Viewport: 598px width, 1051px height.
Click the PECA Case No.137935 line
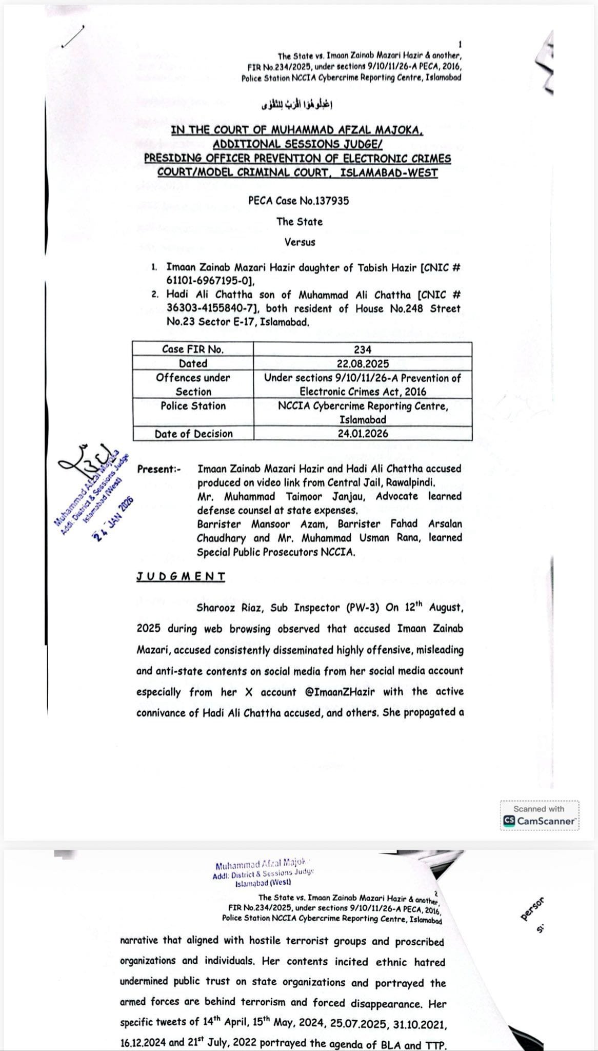pos(298,201)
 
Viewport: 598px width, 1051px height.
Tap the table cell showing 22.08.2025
pos(363,363)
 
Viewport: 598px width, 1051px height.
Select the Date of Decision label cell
pos(193,434)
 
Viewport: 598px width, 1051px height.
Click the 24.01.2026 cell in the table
pos(363,434)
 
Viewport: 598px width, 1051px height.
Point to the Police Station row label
pos(193,406)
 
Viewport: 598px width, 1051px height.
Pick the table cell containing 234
pos(363,349)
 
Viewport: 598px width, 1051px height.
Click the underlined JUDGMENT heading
pos(181,576)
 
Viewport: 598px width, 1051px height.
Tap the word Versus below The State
pos(300,242)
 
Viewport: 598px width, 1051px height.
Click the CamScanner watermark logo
pos(540,821)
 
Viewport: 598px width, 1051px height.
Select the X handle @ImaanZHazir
pos(340,692)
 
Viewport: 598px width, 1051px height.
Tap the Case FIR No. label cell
pos(193,349)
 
